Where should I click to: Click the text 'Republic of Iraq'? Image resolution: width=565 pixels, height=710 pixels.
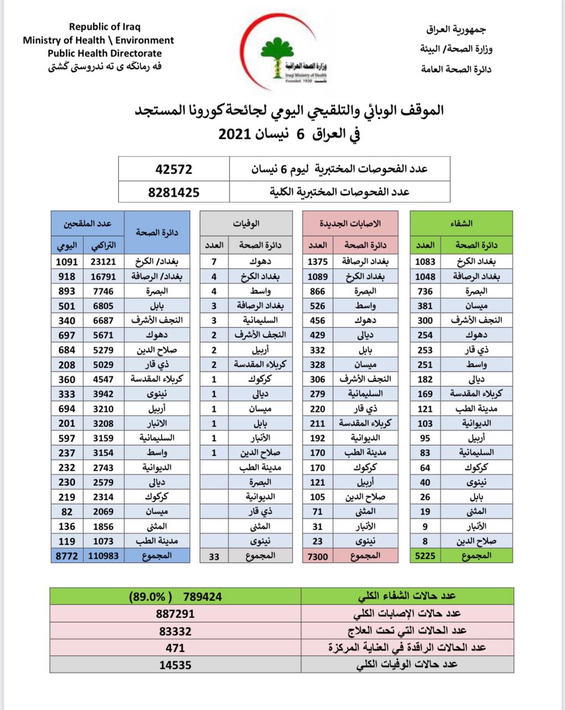(x=105, y=27)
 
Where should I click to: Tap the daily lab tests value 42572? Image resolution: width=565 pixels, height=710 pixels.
(x=173, y=169)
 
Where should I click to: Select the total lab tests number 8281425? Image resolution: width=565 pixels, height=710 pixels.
(x=173, y=192)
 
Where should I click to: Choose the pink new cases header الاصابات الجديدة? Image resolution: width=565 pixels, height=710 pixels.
(x=350, y=224)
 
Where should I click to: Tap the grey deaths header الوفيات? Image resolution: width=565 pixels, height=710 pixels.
(x=246, y=224)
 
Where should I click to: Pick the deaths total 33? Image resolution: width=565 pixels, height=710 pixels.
(x=214, y=555)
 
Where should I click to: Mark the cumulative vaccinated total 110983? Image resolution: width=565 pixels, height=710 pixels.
(x=103, y=555)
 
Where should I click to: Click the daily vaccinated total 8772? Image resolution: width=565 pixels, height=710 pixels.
(x=66, y=555)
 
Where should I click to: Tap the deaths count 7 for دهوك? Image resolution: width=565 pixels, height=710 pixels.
(x=214, y=261)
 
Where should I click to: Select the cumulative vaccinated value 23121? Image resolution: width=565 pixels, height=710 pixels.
(x=103, y=261)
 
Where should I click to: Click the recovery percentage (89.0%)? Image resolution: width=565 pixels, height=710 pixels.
(x=147, y=597)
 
